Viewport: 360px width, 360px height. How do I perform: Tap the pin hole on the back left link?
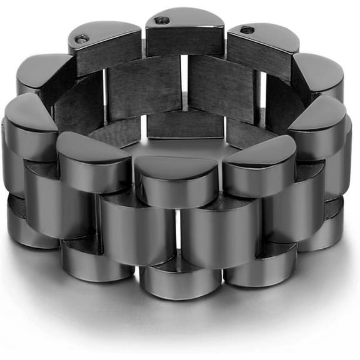pyautogui.click(x=81, y=39)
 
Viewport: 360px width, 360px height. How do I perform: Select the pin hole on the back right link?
pyautogui.click(x=247, y=29)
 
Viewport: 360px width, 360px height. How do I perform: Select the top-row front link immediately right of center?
pyautogui.click(x=257, y=166)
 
